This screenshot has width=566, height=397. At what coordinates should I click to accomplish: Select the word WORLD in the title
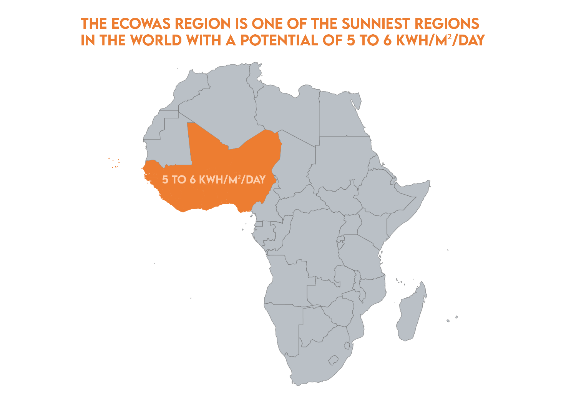156,40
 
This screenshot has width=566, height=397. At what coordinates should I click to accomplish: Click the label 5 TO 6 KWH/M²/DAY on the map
214,180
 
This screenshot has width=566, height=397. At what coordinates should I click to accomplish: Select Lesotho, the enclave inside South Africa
333,360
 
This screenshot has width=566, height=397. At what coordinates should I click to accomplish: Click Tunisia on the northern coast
254,77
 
